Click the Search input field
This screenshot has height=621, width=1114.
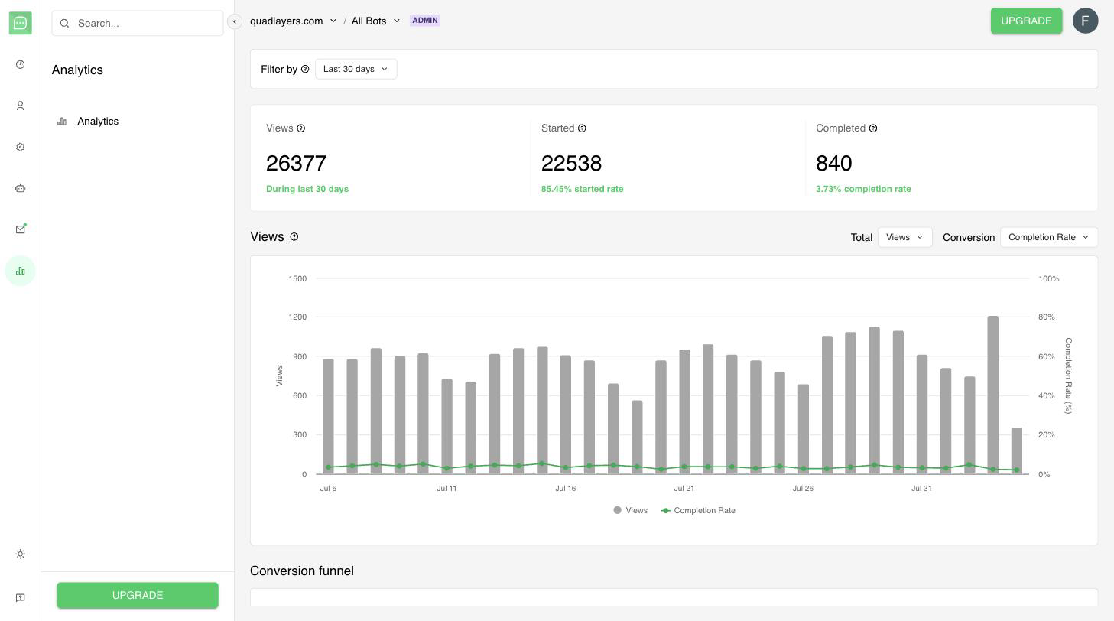pos(138,23)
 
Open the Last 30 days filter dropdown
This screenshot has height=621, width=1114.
pos(356,69)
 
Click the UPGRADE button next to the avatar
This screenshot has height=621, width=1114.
pos(1026,21)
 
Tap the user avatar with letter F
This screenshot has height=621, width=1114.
pos(1085,21)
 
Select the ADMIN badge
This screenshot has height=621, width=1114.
pos(424,21)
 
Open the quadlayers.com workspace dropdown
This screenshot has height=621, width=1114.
pos(293,21)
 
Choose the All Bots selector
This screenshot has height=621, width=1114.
pos(375,21)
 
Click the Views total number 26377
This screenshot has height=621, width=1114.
pos(296,163)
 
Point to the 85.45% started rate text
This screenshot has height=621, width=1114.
pos(582,189)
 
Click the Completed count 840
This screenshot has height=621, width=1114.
pos(833,163)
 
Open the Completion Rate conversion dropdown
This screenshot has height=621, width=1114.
pos(1048,237)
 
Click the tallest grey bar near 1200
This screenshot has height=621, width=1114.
pos(992,395)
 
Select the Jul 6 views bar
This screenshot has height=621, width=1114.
pos(328,417)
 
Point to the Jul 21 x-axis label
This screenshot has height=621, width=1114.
pos(684,489)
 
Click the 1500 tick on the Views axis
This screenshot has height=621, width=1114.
pos(297,278)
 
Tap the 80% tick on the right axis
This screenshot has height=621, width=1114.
pos(1047,317)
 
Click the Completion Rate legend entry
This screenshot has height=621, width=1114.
pos(698,511)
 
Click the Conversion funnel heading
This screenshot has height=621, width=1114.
pos(302,571)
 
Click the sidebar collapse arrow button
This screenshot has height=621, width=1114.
pos(235,21)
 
